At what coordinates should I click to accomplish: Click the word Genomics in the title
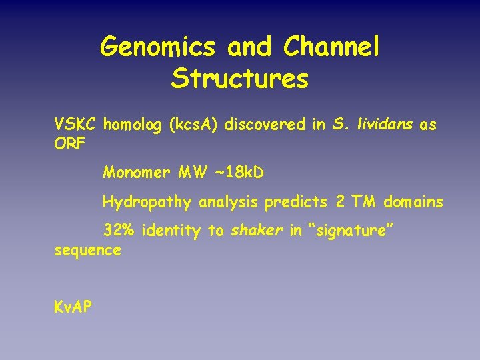click(x=158, y=47)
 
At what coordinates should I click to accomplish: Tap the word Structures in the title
click(x=239, y=79)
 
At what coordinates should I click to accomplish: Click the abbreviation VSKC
click(x=77, y=125)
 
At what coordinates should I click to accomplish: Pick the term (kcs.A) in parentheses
click(x=198, y=125)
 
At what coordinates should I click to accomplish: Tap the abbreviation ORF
click(x=70, y=144)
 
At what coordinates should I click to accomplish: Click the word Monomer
click(x=137, y=173)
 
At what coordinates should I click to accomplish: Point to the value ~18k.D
click(x=239, y=173)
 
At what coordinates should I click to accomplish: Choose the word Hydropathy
click(x=147, y=202)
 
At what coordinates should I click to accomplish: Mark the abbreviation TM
click(x=364, y=201)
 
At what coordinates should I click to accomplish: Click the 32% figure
click(x=117, y=231)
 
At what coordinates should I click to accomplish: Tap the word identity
click(x=171, y=231)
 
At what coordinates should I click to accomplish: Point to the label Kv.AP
click(x=73, y=307)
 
